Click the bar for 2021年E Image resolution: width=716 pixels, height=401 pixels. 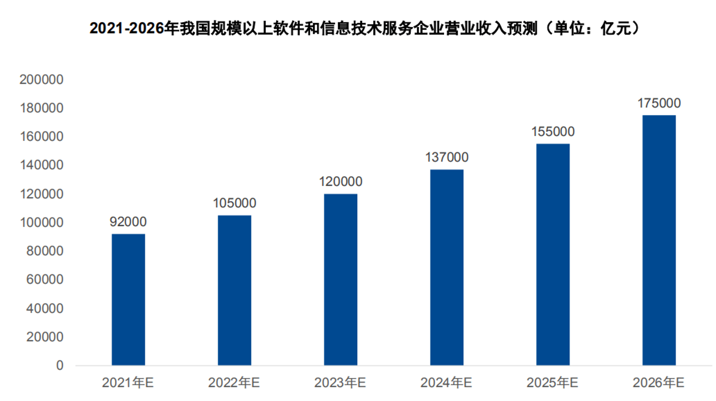(128, 300)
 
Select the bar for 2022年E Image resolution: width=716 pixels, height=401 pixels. (235, 290)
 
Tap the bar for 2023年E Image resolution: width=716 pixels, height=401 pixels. (340, 279)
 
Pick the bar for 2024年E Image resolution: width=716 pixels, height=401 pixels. (447, 267)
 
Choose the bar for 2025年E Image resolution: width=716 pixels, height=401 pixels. (553, 254)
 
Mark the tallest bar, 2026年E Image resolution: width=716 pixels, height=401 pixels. (659, 240)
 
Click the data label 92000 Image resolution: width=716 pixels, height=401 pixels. (128, 222)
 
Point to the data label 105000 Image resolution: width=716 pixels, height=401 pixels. (235, 203)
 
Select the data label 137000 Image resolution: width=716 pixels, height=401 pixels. (447, 157)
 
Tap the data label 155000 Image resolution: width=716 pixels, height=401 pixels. (553, 131)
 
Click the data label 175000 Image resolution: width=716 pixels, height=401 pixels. (659, 103)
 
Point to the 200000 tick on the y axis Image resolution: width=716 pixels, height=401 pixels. (41, 79)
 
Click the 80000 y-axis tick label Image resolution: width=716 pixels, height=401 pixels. (45, 251)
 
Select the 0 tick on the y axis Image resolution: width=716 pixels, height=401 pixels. (60, 365)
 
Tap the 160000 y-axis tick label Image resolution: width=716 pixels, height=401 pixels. (41, 137)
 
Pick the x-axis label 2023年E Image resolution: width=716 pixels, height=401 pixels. (340, 382)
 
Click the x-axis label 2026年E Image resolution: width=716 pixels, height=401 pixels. (659, 382)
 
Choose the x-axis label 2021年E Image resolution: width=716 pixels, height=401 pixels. (128, 382)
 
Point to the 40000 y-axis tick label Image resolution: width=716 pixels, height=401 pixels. (45, 308)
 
